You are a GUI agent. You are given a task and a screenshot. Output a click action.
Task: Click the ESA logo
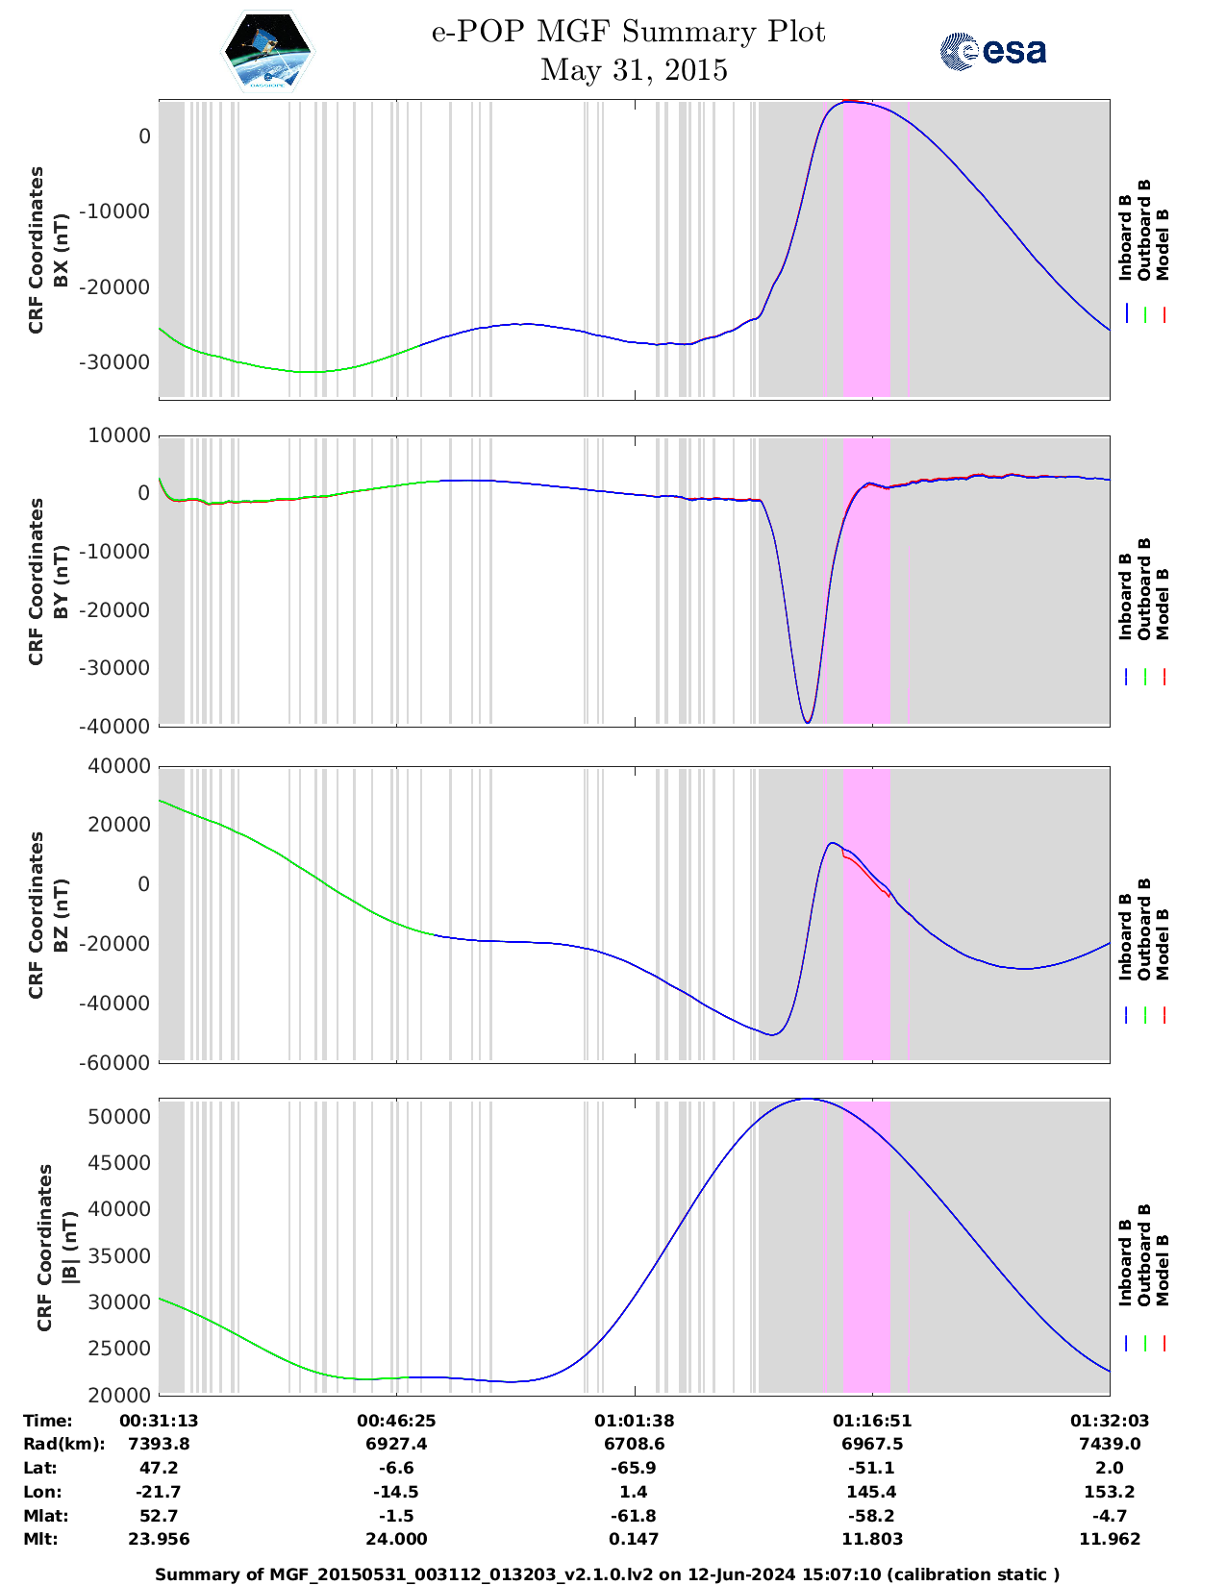(992, 51)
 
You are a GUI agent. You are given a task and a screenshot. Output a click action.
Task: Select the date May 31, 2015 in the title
(634, 70)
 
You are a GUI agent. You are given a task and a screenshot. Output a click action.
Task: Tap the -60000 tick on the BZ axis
(119, 1063)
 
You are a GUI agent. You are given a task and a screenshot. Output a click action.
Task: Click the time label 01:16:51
(871, 1421)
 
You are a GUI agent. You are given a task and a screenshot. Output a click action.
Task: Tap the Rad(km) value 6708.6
(634, 1444)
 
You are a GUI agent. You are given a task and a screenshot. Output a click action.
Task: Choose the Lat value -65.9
(634, 1468)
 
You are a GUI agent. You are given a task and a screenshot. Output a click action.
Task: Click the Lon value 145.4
(871, 1492)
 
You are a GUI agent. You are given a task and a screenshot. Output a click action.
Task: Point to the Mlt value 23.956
(159, 1539)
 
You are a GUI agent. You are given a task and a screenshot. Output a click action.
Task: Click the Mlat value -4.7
(1109, 1516)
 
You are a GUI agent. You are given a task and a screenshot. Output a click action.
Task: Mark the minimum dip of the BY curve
(808, 722)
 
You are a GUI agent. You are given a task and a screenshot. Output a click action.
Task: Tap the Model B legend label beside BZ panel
(1163, 944)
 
